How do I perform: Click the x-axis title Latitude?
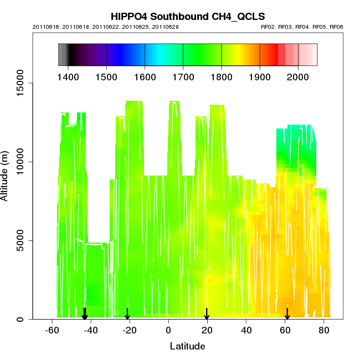(x=187, y=347)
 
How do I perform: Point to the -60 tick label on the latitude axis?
(x=52, y=331)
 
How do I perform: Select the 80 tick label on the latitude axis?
(x=323, y=331)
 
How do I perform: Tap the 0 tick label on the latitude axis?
(x=168, y=331)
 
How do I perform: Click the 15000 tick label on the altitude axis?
(x=20, y=83)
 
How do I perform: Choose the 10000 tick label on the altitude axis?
(x=20, y=162)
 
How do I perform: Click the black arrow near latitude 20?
(x=207, y=314)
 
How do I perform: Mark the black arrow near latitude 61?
(x=287, y=314)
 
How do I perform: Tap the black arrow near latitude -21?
(x=127, y=314)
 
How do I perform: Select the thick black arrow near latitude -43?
(x=85, y=314)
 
